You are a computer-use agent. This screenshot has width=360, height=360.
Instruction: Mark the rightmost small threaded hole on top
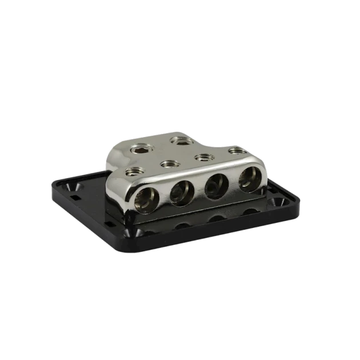(x=234, y=151)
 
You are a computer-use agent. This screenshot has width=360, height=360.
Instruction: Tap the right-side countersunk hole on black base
(x=279, y=202)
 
